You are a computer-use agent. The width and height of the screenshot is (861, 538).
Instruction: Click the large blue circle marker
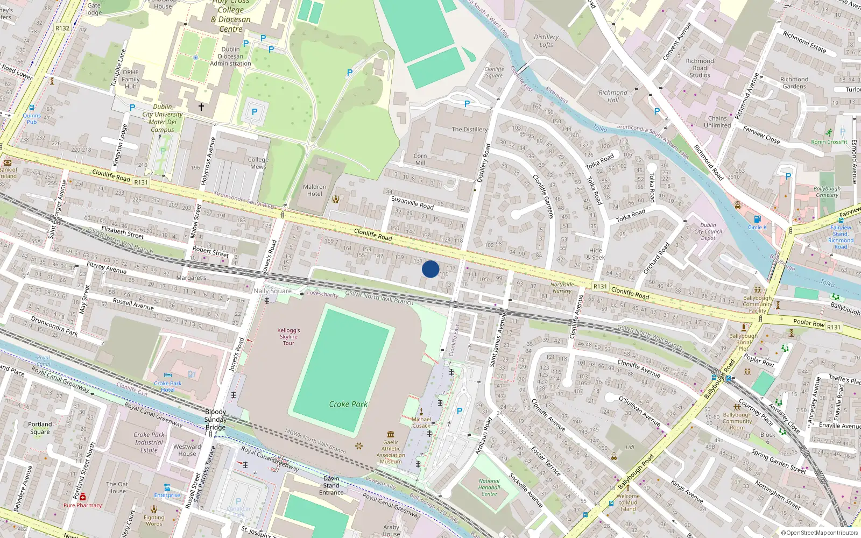point(430,269)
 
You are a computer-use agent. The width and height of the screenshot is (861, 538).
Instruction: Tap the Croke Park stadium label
point(348,404)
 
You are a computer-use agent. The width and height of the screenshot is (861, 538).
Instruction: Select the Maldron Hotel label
point(315,190)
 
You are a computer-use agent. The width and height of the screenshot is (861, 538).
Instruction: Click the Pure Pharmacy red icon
point(82,497)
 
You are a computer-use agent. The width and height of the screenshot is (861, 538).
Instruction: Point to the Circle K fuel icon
point(757,219)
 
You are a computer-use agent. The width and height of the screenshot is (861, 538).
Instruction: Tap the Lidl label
point(630,447)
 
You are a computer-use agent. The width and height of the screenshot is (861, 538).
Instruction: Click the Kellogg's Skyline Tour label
point(289,337)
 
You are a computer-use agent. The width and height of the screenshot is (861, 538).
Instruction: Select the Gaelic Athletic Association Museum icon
point(391,434)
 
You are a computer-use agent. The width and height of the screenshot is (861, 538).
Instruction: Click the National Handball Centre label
point(489,487)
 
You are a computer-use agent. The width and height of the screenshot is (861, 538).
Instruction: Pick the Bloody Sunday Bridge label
point(215,420)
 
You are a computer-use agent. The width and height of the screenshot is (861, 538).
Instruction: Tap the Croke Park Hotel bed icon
point(168,375)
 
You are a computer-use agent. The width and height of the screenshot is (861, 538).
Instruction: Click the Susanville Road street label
point(412,203)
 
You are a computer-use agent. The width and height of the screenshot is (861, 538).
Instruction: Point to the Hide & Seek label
point(596,254)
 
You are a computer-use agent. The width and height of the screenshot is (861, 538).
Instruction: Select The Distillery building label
point(469,130)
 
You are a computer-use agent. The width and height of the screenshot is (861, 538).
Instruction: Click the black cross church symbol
point(201,107)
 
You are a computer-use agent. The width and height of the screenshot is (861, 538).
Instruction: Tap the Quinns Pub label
point(32,118)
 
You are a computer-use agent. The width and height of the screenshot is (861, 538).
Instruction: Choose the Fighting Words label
point(154,520)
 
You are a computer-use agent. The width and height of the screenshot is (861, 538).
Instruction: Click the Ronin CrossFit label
point(829,142)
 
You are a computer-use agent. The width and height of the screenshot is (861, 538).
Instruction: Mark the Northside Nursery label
point(562,288)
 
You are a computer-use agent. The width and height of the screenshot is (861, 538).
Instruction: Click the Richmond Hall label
point(613,96)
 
